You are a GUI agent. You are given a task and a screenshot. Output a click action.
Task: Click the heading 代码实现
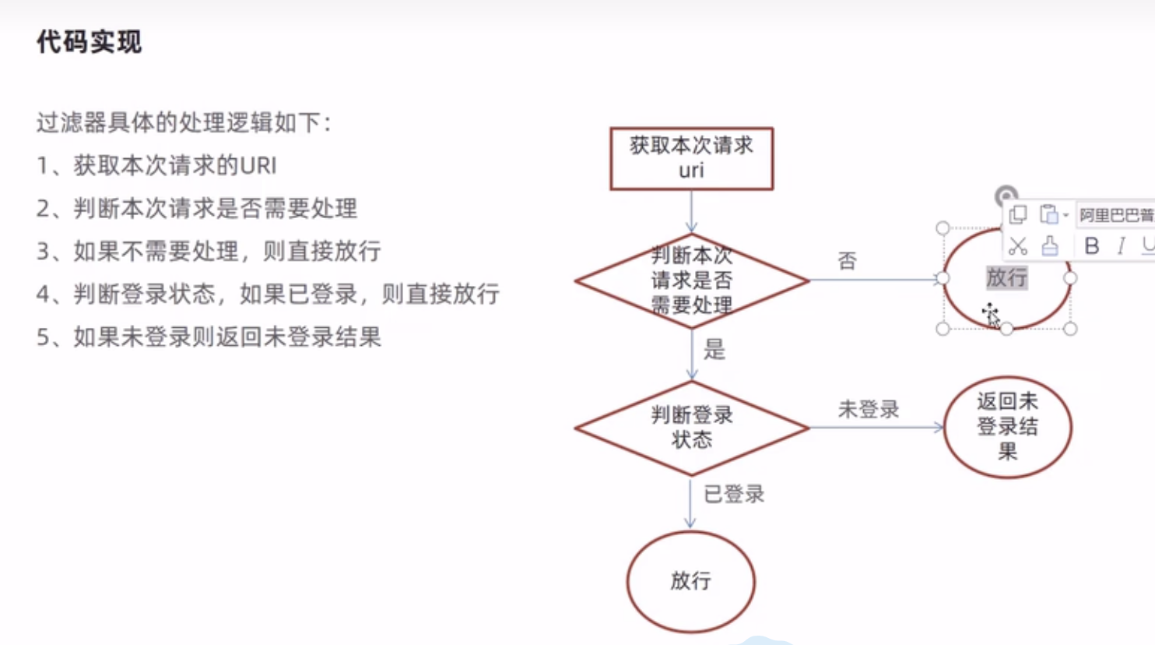[x=89, y=42]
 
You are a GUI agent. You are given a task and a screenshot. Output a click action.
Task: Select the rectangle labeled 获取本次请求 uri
[x=691, y=158]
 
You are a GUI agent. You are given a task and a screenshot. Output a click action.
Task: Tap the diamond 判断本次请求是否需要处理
[x=691, y=280]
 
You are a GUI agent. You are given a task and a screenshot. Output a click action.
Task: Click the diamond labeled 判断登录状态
[x=691, y=428]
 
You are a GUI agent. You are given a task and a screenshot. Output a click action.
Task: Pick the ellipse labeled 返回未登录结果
[x=1007, y=427]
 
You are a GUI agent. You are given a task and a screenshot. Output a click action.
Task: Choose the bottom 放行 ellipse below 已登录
[x=690, y=581]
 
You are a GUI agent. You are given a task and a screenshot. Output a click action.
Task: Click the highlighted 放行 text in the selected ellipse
[x=1006, y=277]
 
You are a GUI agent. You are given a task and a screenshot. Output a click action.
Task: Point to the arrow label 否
[x=847, y=260]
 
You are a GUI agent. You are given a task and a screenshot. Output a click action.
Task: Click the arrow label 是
[x=714, y=350]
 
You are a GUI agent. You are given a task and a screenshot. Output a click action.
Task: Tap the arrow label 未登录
[x=868, y=409]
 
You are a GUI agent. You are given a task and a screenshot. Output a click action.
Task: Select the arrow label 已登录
[x=733, y=494]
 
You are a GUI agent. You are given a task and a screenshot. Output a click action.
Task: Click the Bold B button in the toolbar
[x=1091, y=246]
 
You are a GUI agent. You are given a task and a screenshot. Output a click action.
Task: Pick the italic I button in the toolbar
[x=1121, y=246]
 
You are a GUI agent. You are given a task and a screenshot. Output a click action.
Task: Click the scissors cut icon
[x=1017, y=246]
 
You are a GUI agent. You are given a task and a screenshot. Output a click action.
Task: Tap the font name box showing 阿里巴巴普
[x=1115, y=215]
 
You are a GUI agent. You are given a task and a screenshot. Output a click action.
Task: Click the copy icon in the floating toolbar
[x=1017, y=214]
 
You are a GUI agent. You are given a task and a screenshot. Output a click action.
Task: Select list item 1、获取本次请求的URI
[x=156, y=165]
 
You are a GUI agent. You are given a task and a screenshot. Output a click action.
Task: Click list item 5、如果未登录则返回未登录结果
[x=209, y=337]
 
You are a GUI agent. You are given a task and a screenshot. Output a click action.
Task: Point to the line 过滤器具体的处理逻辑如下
[x=184, y=122]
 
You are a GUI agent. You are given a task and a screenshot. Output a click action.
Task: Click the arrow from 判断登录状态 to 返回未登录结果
[x=876, y=427]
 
